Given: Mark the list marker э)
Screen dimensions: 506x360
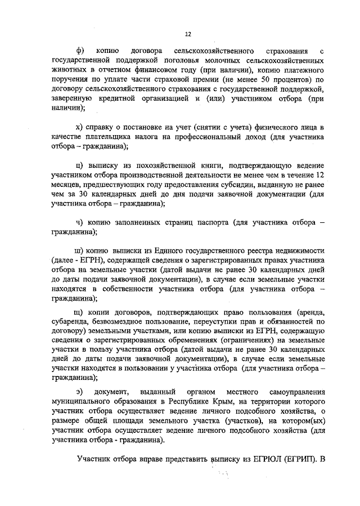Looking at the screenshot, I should (79, 391).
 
